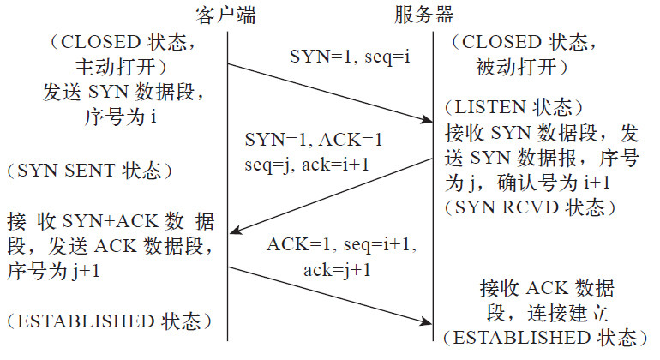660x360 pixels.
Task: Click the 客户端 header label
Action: pos(225,15)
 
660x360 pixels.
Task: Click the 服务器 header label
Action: pos(424,15)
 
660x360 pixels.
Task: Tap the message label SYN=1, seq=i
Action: pos(350,57)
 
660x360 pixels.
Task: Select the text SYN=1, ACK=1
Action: pos(314,140)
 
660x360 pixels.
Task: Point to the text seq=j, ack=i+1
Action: pos(307,165)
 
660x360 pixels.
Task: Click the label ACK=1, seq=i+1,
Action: pos(341,244)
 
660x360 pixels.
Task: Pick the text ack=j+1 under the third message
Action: pos(337,270)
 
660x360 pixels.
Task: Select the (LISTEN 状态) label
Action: pos(514,108)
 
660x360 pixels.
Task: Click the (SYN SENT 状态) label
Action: pos(90,171)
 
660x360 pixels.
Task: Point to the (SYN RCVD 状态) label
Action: pos(530,207)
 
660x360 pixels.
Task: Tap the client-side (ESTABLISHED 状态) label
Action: pos(109,321)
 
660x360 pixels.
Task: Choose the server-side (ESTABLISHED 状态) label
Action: pos(545,338)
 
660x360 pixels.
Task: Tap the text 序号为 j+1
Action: pos(53,271)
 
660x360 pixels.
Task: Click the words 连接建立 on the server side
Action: pos(567,314)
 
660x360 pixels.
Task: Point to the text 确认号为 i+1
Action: pos(554,183)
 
